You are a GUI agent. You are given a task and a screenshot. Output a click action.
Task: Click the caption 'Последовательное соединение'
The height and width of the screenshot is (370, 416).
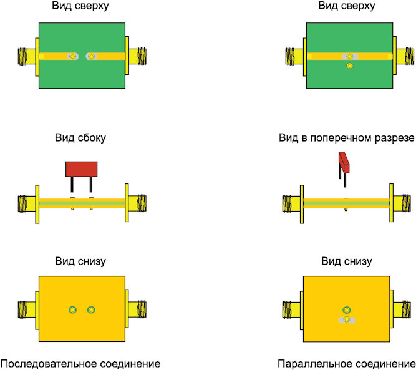80,363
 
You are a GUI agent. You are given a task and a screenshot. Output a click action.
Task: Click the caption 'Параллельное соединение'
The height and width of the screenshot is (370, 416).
347,363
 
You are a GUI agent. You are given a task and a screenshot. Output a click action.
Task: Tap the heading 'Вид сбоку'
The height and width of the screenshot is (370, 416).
80,138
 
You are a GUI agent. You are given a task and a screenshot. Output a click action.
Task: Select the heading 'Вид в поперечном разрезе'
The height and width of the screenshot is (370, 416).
347,138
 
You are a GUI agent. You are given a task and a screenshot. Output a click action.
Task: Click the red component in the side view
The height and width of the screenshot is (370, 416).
82,169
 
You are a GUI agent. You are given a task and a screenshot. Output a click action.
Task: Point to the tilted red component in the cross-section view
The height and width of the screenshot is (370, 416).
344,162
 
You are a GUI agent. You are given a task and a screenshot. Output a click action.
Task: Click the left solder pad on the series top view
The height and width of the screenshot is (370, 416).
72,56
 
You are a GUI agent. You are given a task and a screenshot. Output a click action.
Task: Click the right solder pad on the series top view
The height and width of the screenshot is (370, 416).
91,56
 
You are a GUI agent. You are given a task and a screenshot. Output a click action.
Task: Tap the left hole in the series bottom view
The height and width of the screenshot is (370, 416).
72,309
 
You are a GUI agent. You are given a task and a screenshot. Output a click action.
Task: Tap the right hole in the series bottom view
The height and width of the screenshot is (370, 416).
91,309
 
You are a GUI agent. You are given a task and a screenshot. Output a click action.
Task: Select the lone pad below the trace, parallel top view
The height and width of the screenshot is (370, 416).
350,66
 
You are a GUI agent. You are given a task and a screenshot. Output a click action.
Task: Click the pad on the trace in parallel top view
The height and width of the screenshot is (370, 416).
350,56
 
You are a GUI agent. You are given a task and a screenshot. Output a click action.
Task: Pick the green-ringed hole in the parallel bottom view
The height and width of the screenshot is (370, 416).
347,309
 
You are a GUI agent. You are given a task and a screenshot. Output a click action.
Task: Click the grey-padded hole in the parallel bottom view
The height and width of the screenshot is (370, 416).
347,320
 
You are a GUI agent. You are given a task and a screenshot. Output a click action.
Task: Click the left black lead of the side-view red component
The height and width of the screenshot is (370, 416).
72,185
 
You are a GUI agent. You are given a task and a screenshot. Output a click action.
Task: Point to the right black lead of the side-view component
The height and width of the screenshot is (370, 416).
90,185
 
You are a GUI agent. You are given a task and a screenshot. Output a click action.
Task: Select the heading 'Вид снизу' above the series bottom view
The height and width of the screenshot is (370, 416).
80,261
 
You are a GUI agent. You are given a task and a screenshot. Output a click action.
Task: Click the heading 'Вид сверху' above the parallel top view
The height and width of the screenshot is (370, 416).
347,6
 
